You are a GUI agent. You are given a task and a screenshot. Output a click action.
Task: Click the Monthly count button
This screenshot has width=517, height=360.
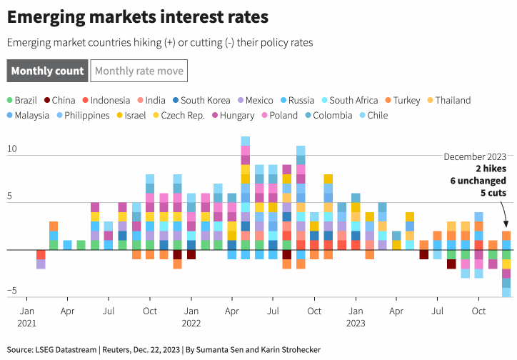47,71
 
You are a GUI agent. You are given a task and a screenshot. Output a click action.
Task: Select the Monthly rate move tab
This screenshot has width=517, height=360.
139,71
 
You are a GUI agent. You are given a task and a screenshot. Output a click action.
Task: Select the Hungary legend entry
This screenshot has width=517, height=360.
233,115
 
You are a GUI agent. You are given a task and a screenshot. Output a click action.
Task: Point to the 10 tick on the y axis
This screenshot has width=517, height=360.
12,149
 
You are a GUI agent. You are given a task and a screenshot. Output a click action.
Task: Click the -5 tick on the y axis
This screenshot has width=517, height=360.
11,291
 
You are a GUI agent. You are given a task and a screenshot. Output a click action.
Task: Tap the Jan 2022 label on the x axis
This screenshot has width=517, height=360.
191,316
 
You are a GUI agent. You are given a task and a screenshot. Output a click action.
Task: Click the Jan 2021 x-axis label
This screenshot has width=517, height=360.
26,316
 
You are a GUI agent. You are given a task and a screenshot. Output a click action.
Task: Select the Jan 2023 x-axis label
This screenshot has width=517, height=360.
355,316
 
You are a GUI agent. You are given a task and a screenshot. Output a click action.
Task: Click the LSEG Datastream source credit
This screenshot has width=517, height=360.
68,349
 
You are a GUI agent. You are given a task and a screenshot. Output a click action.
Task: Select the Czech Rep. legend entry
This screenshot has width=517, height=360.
183,115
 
